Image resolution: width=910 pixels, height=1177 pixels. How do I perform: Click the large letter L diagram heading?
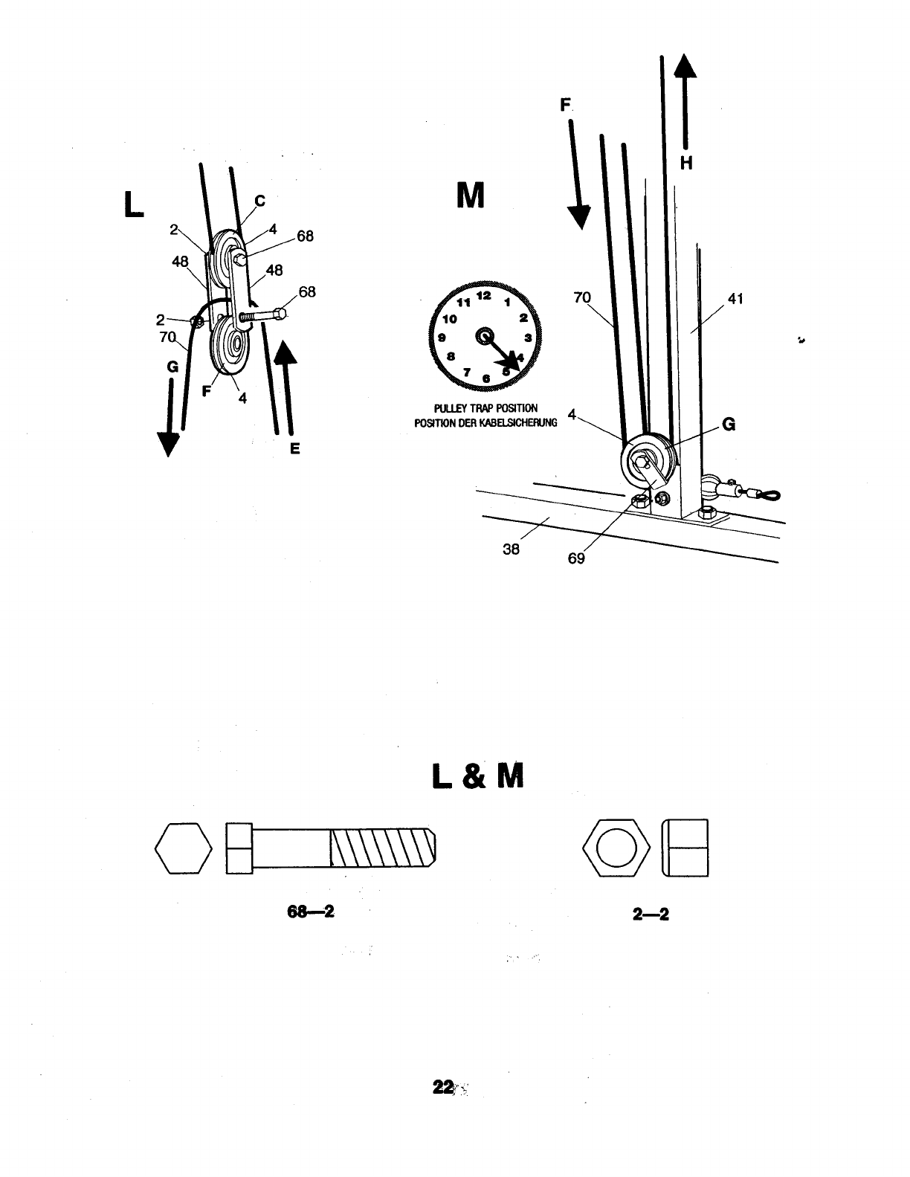pyautogui.click(x=135, y=204)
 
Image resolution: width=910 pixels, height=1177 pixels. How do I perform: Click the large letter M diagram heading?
pyautogui.click(x=469, y=196)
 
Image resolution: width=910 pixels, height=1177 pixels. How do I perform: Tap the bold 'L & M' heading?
pyautogui.click(x=477, y=777)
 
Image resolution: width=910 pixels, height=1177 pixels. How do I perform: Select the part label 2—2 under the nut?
pyautogui.click(x=651, y=915)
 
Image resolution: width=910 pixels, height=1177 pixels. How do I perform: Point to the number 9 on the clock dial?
pyautogui.click(x=442, y=338)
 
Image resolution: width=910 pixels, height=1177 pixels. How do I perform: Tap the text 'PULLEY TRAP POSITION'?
pyautogui.click(x=485, y=409)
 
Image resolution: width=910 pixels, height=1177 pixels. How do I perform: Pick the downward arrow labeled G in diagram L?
pyautogui.click(x=170, y=416)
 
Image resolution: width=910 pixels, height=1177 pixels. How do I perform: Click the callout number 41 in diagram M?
pyautogui.click(x=736, y=299)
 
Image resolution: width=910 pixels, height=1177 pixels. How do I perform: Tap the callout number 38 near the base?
pyautogui.click(x=511, y=549)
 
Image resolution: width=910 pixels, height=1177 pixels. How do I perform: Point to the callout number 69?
pyautogui.click(x=576, y=558)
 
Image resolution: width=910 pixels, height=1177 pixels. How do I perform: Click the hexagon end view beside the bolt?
pyautogui.click(x=183, y=848)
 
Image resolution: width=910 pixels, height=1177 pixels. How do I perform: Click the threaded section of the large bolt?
pyautogui.click(x=381, y=848)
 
